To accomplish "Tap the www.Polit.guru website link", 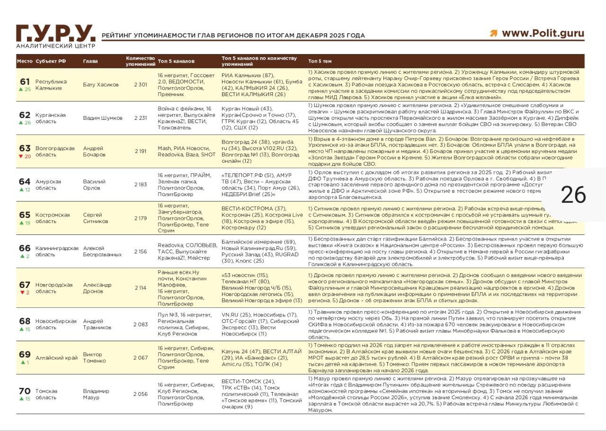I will click(x=543, y=33).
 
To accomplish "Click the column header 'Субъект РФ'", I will click(x=51, y=61).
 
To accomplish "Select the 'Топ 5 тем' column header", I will click(x=320, y=61).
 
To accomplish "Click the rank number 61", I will click(x=25, y=81).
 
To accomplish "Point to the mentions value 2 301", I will click(x=141, y=85).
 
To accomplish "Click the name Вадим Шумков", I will click(x=103, y=118).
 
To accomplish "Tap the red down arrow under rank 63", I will click(x=20, y=156).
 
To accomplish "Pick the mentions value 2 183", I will click(x=141, y=185).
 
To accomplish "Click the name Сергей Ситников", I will click(x=96, y=218).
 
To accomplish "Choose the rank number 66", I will click(x=25, y=248).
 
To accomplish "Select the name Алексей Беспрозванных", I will click(x=102, y=251).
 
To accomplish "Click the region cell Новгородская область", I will click(x=54, y=288).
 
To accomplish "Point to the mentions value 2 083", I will click(x=141, y=324).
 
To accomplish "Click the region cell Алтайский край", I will click(x=57, y=358).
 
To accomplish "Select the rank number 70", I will click(x=25, y=391).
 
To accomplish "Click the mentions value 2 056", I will click(x=141, y=394).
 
